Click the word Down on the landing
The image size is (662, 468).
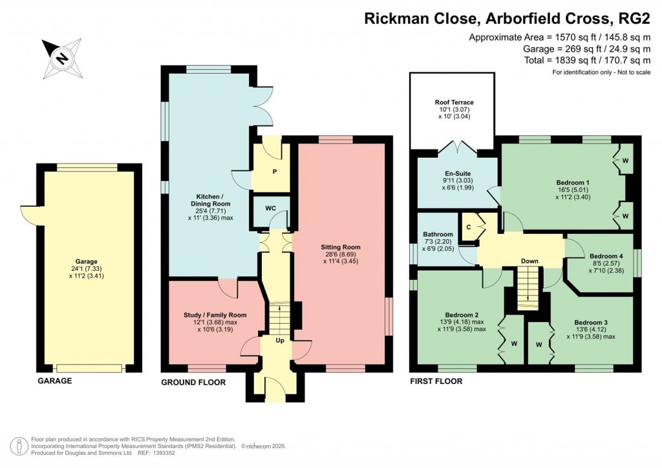pyautogui.click(x=529, y=262)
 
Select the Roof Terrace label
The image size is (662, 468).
pyautogui.click(x=454, y=102)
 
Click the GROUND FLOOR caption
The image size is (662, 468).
pyautogui.click(x=193, y=382)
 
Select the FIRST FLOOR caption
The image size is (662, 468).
pyautogui.click(x=436, y=381)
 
